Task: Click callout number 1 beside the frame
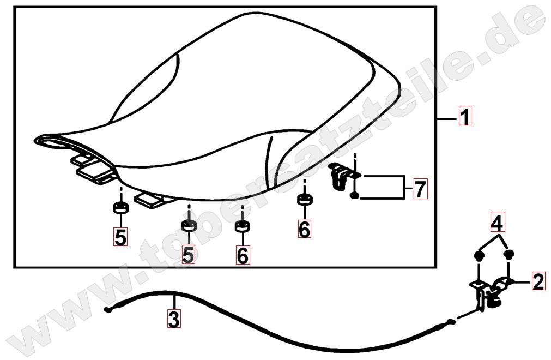[x=464, y=116]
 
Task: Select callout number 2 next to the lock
[x=538, y=281]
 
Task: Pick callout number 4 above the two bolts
[x=498, y=222]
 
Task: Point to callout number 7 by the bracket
[x=420, y=189]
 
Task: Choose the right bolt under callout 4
[x=509, y=254]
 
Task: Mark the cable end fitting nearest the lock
[x=451, y=321]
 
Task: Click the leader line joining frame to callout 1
[x=447, y=119]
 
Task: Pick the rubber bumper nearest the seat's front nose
[x=120, y=207]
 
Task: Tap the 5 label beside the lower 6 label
[x=188, y=255]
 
